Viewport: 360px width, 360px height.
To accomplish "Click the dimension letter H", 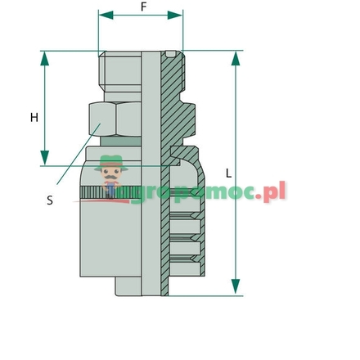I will [34, 117].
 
